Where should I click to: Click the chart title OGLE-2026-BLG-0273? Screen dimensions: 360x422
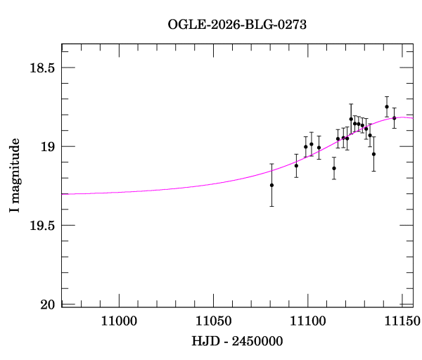[x=237, y=24]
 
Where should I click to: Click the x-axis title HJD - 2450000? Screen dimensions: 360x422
[x=237, y=342]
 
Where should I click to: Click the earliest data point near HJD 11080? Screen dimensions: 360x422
[x=271, y=185]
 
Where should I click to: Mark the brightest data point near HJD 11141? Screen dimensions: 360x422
[x=387, y=107]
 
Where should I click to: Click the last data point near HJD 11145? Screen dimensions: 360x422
[x=395, y=118]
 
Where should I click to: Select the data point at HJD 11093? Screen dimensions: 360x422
[x=296, y=166]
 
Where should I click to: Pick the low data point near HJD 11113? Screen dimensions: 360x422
[x=334, y=168]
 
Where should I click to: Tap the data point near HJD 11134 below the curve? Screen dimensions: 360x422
[x=373, y=154]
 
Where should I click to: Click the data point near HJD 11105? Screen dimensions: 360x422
[x=319, y=148]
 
